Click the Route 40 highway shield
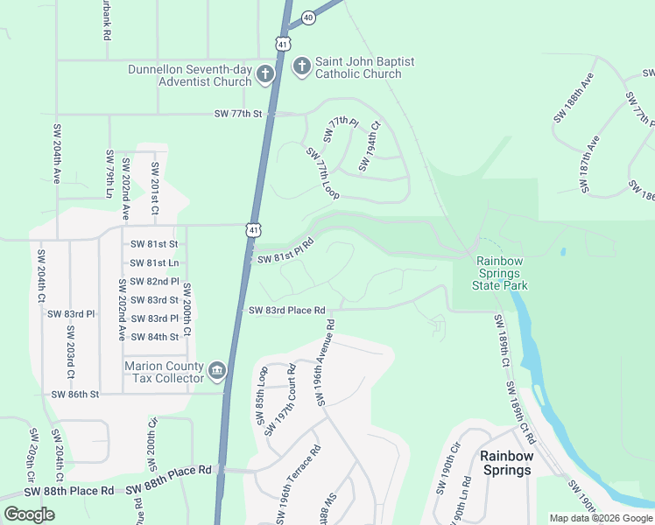pyautogui.click(x=307, y=17)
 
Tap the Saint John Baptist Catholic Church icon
pyautogui.click(x=302, y=66)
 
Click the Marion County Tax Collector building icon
pyautogui.click(x=217, y=372)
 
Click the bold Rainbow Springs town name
pyautogui.click(x=506, y=463)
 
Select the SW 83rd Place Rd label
pyautogui.click(x=286, y=311)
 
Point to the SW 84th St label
pyautogui.click(x=154, y=337)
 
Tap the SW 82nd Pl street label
pyautogui.click(x=154, y=282)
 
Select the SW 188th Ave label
pyautogui.click(x=574, y=103)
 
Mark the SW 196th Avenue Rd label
pyautogui.click(x=326, y=362)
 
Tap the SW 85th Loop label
pyautogui.click(x=262, y=396)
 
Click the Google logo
pyautogui.click(x=29, y=514)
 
